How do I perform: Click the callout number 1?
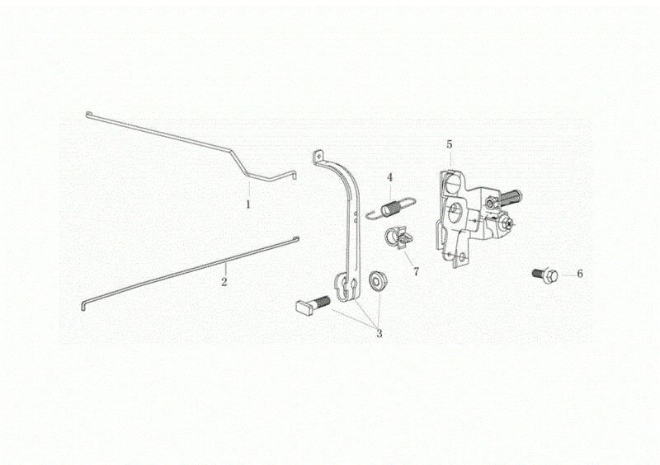[248, 204]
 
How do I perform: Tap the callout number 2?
[224, 281]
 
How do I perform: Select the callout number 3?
[379, 334]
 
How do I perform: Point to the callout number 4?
[389, 177]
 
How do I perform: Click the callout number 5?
[449, 144]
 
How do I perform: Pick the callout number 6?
[580, 274]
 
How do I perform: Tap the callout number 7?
[416, 272]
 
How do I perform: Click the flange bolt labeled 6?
[545, 275]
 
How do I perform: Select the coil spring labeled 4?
[390, 208]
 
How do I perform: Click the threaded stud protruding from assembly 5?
[510, 196]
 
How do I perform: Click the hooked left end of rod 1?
[88, 114]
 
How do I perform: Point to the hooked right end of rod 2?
[296, 239]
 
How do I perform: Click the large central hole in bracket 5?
[455, 209]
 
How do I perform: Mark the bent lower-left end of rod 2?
[83, 305]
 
